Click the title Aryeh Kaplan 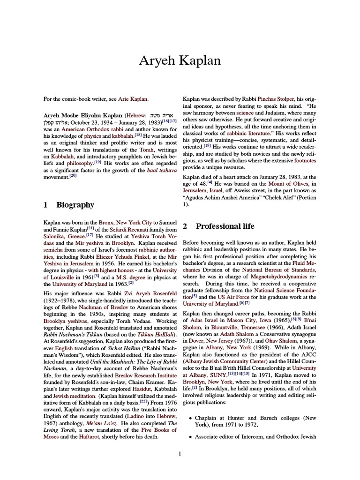point(180,61)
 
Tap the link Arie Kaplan point(132,99)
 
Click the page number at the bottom point(180,453)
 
